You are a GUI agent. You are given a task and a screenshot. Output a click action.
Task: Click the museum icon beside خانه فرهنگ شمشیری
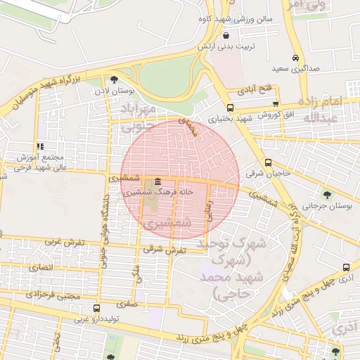coord(156,182)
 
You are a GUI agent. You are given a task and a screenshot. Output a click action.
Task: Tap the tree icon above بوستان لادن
coord(114,79)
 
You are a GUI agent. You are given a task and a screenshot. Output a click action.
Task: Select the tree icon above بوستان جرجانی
coord(326,193)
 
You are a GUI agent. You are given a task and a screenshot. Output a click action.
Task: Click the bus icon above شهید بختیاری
coord(230,108)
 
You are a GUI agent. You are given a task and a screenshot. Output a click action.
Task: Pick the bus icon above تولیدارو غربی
coord(96,308)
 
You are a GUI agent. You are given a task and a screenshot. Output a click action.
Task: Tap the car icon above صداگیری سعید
coord(295,58)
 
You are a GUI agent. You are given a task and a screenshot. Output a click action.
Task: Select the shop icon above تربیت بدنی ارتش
coord(226,35)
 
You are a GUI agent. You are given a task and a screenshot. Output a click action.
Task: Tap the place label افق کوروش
coord(269,113)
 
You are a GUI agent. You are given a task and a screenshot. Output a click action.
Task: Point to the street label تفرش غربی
coord(65,242)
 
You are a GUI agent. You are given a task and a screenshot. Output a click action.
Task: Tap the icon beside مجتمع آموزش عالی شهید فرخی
coord(40,146)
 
